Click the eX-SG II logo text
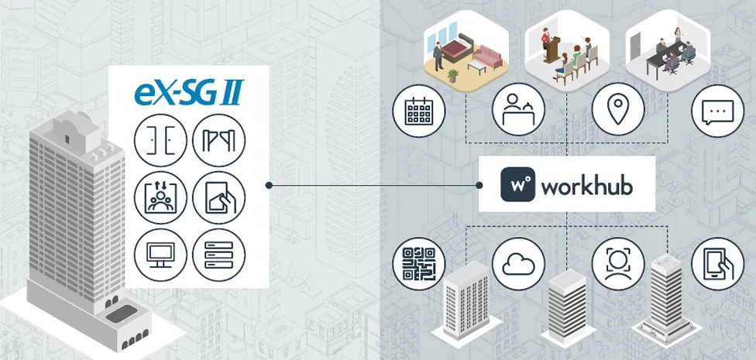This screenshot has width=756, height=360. tap(188, 93)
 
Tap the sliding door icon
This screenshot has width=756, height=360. tap(160, 140)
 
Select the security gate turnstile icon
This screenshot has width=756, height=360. tap(219, 140)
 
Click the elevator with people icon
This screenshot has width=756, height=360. tap(160, 197)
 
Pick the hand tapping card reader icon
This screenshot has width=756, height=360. tap(219, 197)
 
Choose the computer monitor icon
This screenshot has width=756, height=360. tap(160, 255)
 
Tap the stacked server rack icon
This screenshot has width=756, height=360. tap(219, 255)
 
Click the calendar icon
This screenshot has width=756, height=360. tap(418, 111)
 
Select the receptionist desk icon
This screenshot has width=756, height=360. tap(518, 109)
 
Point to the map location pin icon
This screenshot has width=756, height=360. tap(618, 109)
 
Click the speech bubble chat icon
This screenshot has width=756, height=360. tap(718, 111)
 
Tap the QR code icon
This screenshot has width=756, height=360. tap(418, 264)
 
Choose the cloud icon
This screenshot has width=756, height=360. tap(518, 264)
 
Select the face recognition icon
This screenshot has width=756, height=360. tap(618, 264)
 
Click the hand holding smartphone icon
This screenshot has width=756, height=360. tap(718, 264)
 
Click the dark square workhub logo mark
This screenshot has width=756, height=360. tap(518, 184)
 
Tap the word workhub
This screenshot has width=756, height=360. tap(587, 185)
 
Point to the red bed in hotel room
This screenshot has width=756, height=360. tap(459, 49)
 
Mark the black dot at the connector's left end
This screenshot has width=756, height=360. tap(269, 185)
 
